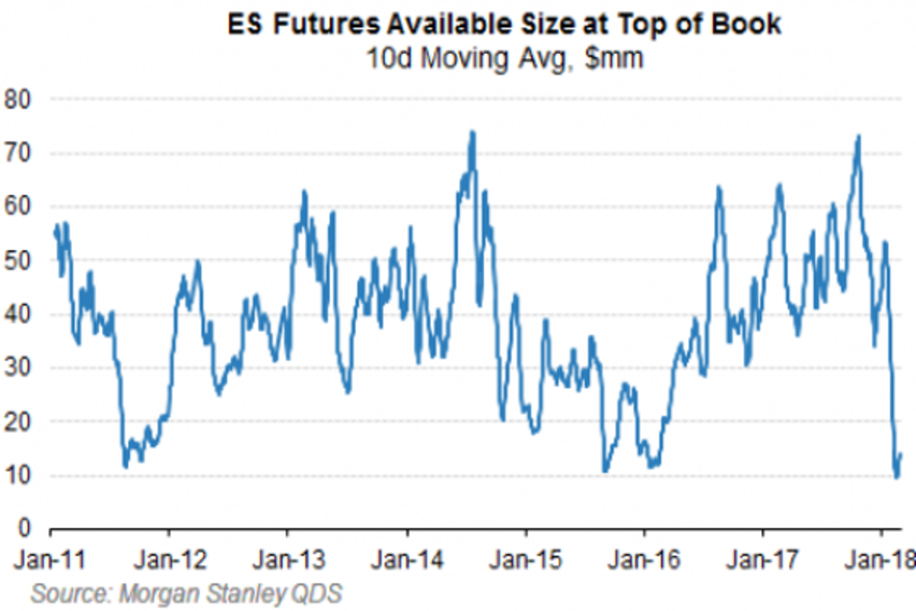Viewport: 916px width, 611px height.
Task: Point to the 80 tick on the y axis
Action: tap(18, 100)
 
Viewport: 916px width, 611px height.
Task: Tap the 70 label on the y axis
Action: tap(18, 154)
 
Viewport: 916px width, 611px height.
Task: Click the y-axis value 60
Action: tap(18, 207)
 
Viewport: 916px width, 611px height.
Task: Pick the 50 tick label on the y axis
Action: tap(18, 260)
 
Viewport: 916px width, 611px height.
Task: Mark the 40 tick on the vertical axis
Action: tap(18, 315)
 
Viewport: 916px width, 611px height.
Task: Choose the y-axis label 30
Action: tap(18, 368)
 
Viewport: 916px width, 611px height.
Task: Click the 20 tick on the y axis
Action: tap(18, 422)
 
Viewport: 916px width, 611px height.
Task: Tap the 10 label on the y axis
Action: tap(18, 476)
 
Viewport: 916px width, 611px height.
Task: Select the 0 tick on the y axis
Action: tap(24, 529)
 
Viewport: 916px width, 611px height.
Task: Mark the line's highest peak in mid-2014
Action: tap(473, 132)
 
